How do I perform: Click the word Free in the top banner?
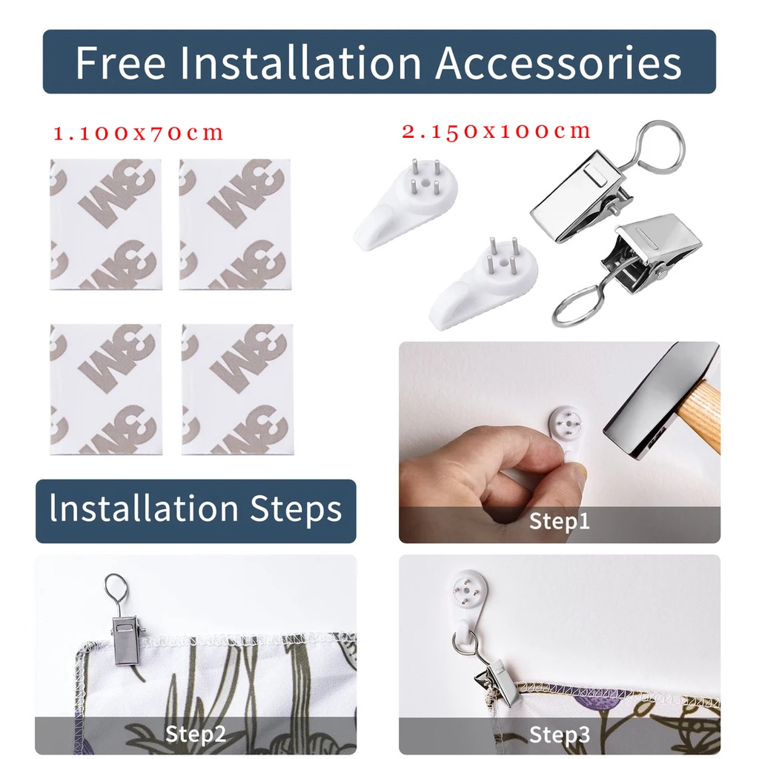click(121, 62)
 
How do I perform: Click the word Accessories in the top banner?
click(559, 62)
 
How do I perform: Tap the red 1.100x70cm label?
click(139, 133)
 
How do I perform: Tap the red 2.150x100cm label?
click(497, 131)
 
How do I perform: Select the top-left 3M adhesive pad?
click(106, 225)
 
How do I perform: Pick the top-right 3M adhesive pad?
click(235, 225)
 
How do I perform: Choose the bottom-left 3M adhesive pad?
click(106, 390)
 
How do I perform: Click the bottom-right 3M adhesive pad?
click(238, 390)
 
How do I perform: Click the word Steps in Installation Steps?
click(296, 509)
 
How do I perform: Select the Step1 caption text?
click(560, 521)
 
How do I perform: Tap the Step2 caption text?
click(196, 734)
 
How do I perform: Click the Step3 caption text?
click(560, 735)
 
